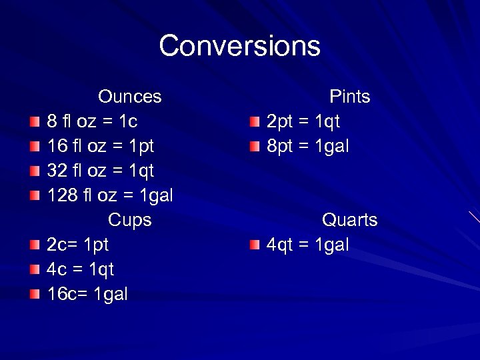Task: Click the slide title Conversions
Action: pyautogui.click(x=239, y=46)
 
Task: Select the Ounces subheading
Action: pyautogui.click(x=129, y=97)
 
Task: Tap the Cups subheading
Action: pyautogui.click(x=129, y=220)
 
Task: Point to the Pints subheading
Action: pyautogui.click(x=349, y=97)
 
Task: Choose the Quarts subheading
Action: pyautogui.click(x=349, y=220)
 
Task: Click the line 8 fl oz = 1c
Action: pyautogui.click(x=92, y=121)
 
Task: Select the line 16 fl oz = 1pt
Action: pyautogui.click(x=100, y=146)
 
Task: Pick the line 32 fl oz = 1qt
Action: pyautogui.click(x=100, y=171)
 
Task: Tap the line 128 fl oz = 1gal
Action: pyautogui.click(x=110, y=195)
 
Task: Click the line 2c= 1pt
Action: pyautogui.click(x=77, y=245)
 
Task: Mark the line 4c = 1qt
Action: pyautogui.click(x=80, y=269)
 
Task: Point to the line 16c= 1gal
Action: pyautogui.click(x=87, y=294)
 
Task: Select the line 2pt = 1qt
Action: pyautogui.click(x=303, y=121)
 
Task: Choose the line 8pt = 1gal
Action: pyautogui.click(x=307, y=146)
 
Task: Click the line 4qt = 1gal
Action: pyautogui.click(x=307, y=245)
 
